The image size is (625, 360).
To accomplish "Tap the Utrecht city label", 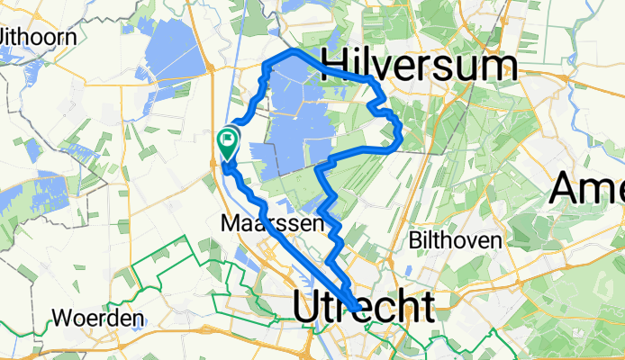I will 362,307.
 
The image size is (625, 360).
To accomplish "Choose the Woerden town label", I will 99,319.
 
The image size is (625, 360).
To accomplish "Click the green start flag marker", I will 227,140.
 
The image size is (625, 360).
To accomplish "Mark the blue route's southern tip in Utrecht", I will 358,310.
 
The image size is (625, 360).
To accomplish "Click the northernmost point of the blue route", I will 293,53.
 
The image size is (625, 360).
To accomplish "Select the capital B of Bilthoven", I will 416,240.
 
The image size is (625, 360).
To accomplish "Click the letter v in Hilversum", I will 385,67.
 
